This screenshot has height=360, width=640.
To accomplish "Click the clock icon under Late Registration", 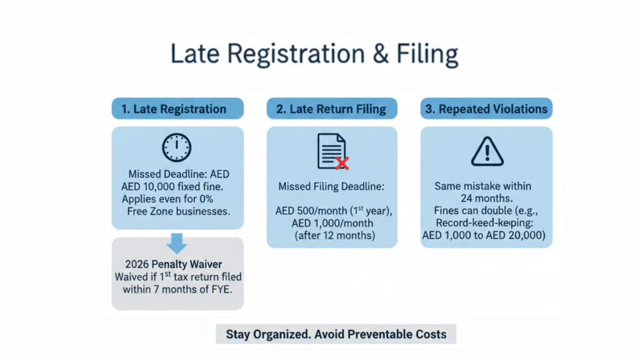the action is click(x=176, y=147).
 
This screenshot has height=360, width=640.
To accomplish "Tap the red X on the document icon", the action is click(x=342, y=163).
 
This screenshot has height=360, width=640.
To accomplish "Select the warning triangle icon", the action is click(x=487, y=151).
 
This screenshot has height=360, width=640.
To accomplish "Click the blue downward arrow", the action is click(x=177, y=243).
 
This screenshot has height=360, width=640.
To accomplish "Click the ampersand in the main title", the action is click(x=381, y=54).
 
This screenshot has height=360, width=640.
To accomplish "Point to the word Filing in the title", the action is click(x=427, y=55).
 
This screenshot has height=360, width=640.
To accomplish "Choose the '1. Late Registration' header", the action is click(x=178, y=109).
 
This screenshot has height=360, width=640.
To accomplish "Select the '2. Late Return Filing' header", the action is click(x=332, y=109).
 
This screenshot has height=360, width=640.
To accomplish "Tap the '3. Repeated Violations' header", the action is click(x=486, y=109).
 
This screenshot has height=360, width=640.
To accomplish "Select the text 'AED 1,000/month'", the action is click(x=332, y=223).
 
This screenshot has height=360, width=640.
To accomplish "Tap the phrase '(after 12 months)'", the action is click(x=335, y=236).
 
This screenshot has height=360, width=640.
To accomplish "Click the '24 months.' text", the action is click(x=486, y=199).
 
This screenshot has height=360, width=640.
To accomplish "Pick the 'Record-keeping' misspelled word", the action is click(x=484, y=223).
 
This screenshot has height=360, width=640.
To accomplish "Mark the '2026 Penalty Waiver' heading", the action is click(x=174, y=264).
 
